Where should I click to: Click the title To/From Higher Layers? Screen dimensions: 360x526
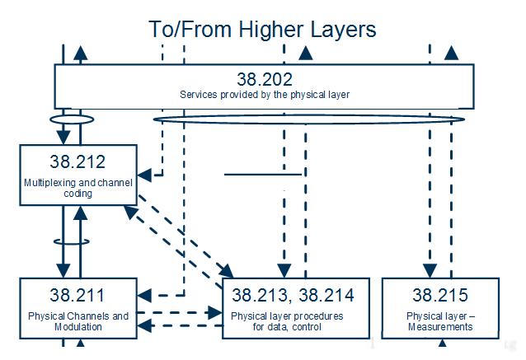point(262,29)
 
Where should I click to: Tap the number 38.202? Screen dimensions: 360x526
point(264,79)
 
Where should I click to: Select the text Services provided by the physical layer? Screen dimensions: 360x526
point(264,95)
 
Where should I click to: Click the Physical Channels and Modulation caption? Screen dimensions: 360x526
point(77,321)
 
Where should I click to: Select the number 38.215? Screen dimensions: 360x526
point(439,294)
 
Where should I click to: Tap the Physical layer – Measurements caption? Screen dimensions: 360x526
point(439,321)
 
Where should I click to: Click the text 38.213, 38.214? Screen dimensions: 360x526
point(293,294)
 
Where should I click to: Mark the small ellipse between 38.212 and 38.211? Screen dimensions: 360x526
point(69,242)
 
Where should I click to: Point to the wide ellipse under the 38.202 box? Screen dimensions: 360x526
point(309,120)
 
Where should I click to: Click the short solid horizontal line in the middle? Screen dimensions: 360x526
point(262,174)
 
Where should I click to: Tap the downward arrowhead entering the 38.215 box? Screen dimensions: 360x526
point(430,271)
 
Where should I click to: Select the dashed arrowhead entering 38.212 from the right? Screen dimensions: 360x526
point(143,175)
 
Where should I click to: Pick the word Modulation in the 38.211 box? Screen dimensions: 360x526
point(79,327)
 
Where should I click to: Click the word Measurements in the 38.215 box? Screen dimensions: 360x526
point(439,327)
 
